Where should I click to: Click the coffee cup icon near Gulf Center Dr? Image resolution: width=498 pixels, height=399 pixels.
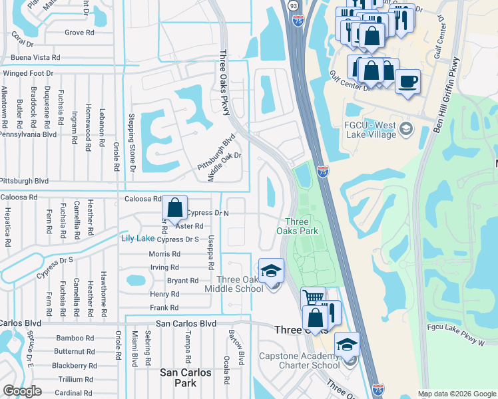407,82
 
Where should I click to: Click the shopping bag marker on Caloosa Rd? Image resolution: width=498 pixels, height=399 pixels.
174,208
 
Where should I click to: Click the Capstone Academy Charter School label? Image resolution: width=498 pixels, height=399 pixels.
308,360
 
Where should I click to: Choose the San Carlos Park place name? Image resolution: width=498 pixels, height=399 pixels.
186,378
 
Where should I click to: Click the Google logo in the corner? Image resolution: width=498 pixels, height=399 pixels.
22,391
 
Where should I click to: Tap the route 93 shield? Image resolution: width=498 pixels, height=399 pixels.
293,5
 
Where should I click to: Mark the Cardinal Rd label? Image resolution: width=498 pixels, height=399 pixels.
74,392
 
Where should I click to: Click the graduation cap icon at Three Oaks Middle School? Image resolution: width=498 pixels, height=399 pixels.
271,271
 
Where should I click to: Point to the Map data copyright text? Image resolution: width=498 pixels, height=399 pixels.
457,394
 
